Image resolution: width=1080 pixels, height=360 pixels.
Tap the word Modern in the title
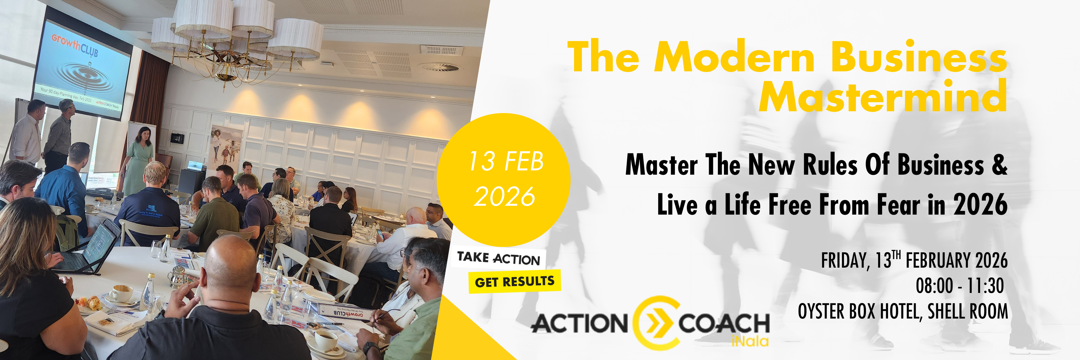pos(734,57)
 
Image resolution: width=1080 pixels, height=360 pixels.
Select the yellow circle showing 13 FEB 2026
pos(504,179)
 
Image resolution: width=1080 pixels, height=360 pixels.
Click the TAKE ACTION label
pos(498,258)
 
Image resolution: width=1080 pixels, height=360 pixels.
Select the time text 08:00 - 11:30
pos(959,286)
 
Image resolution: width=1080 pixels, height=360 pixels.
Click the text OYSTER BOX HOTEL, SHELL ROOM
pos(903,312)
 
